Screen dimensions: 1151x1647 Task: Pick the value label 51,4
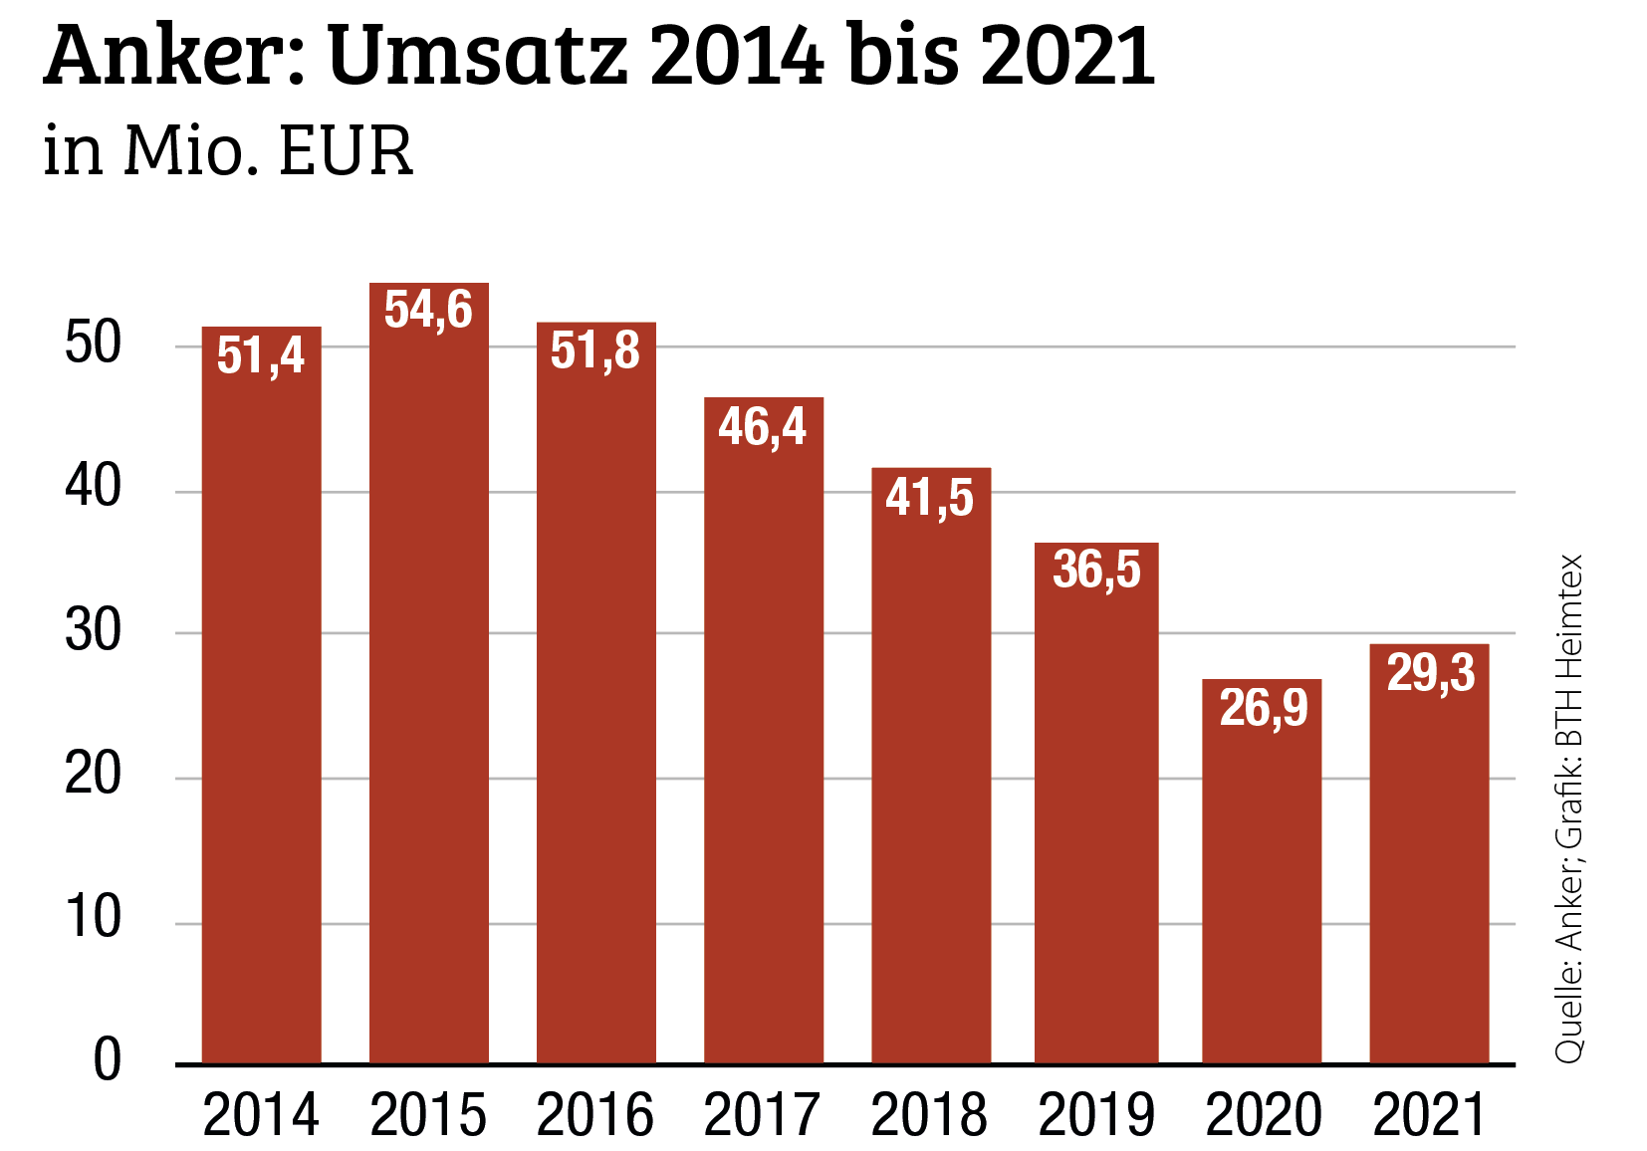pyautogui.click(x=261, y=355)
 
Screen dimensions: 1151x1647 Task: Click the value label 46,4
pyautogui.click(x=763, y=427)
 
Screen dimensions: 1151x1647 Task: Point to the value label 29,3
pyautogui.click(x=1431, y=673)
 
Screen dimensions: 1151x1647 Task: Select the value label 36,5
pyautogui.click(x=1096, y=571)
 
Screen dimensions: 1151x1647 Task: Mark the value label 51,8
pyautogui.click(x=595, y=350)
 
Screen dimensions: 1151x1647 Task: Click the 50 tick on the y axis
pyautogui.click(x=93, y=345)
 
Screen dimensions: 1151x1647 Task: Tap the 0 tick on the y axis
pyautogui.click(x=107, y=1060)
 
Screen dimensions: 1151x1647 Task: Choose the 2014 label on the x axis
pyautogui.click(x=261, y=1115)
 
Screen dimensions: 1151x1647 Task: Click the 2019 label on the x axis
pyautogui.click(x=1096, y=1115)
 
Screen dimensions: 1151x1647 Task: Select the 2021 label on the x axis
pyautogui.click(x=1430, y=1115)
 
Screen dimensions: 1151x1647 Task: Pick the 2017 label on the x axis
pyautogui.click(x=763, y=1115)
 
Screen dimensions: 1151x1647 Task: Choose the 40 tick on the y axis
pyautogui.click(x=93, y=488)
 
